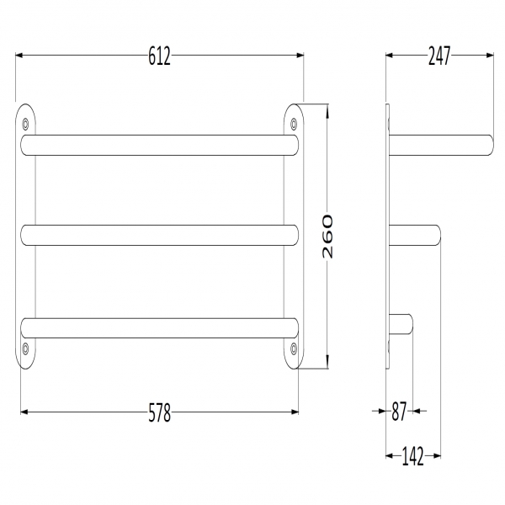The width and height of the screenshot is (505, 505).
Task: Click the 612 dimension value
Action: pos(159,56)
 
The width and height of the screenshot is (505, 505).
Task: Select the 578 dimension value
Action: pos(159,412)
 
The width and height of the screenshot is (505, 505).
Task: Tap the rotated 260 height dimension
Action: pos(327,237)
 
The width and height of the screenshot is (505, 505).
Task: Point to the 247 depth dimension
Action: pos(439,56)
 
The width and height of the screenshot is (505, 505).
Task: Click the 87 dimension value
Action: pos(399,412)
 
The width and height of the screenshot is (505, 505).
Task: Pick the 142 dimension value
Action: pos(413,456)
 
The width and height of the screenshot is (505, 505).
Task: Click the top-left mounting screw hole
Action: pos(25,124)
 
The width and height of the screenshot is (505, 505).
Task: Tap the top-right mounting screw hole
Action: pos(294,124)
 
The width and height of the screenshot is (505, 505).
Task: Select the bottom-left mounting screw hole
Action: pos(25,348)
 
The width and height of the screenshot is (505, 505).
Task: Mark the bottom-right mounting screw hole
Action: pos(294,348)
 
